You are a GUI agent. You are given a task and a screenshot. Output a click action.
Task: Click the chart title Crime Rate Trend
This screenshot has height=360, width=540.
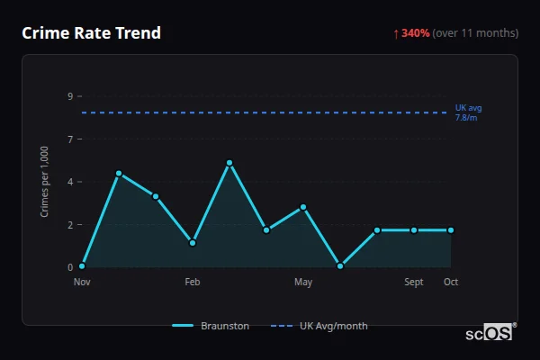pos(91,33)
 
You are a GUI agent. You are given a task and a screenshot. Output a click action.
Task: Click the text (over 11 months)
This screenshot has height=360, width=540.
pos(475,33)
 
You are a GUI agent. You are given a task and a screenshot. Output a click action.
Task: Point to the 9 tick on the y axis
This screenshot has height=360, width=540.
pos(69,96)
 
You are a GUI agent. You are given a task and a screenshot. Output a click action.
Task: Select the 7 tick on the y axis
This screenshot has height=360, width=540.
pos(69,139)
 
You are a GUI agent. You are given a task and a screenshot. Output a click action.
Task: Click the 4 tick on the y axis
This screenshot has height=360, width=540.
pos(69,182)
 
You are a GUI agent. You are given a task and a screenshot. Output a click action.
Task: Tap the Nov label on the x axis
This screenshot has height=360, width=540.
pos(82,282)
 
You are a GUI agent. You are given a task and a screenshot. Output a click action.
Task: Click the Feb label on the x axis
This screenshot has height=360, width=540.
pos(193,282)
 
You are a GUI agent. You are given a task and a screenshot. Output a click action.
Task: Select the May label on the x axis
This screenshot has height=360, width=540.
pos(303,282)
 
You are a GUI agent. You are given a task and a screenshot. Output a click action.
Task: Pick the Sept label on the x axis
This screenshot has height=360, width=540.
pos(414,282)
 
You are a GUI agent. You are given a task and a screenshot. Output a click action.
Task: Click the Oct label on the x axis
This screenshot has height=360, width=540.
pos(451,282)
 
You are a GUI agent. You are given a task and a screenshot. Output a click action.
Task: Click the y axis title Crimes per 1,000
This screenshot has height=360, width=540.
pos(45,181)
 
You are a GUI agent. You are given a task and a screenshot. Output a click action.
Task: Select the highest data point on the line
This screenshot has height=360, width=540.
pos(229,163)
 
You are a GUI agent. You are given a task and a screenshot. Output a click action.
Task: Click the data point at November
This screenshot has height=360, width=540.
pos(82,266)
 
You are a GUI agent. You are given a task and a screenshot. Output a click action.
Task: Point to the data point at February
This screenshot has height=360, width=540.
pos(193,243)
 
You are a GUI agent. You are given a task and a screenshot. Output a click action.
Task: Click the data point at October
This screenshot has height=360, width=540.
pos(451,230)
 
